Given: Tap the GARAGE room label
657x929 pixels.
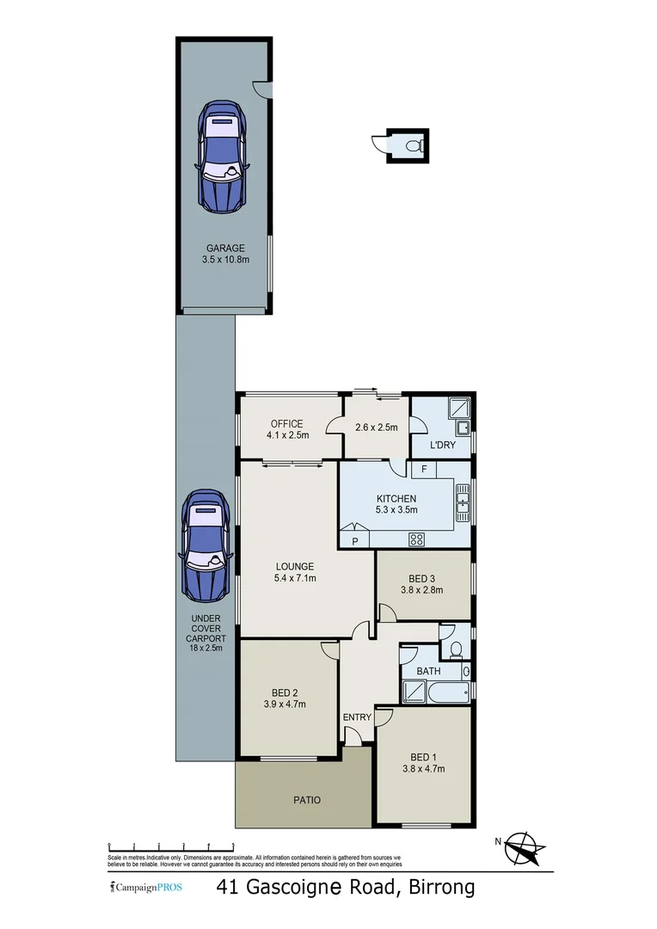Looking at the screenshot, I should tap(224, 248).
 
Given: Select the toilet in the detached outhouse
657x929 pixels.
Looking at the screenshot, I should tap(414, 145).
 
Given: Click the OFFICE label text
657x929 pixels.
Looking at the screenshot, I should tap(286, 423).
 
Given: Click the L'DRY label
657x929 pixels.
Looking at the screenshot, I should tap(443, 446).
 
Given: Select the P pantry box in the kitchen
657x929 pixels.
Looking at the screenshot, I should tap(354, 540).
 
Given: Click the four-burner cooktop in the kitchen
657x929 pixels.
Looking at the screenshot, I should tap(417, 539).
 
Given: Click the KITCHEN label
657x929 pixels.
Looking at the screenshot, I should tap(396, 499).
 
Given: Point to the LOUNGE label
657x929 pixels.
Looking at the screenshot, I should tap(295, 567).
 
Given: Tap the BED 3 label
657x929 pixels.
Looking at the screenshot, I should tap(422, 578).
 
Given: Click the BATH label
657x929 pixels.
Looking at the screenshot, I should tap(428, 670).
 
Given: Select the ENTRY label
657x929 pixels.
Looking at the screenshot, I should tap(357, 717).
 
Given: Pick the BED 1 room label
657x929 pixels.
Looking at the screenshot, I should tap(422, 757).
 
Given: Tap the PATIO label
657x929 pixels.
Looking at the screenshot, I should tap(306, 800).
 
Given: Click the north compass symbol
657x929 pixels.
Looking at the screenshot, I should tap(521, 848).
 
